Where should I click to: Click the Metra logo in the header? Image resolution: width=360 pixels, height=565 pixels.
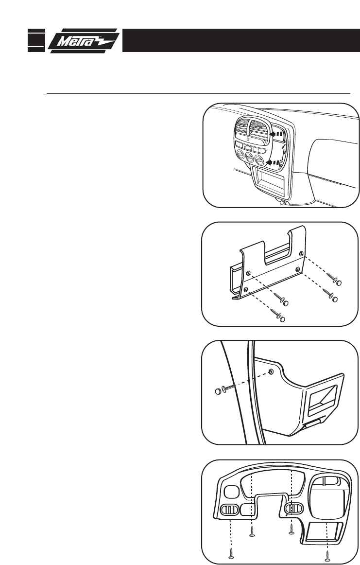84,40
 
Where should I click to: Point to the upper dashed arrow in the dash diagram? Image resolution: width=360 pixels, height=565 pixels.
276,131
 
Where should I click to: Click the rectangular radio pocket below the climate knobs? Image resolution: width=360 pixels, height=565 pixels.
268,181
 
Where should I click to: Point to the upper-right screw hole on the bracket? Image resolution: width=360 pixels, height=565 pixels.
302,254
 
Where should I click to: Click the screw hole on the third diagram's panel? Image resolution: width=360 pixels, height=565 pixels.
271,372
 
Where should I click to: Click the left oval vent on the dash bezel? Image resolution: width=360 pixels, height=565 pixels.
230,510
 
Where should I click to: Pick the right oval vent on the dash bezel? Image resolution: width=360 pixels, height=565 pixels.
293,509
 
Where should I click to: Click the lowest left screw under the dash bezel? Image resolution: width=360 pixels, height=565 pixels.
231,552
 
